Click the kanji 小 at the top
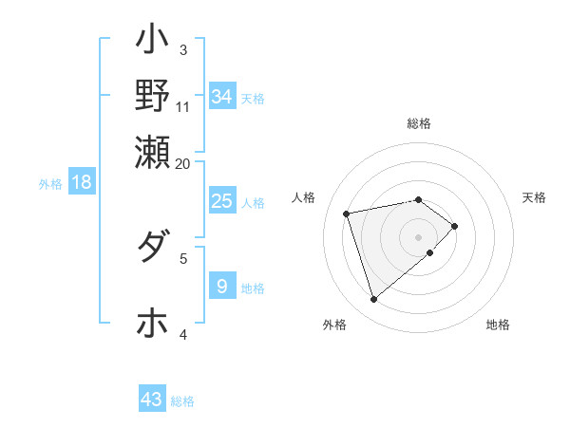tap(152, 43)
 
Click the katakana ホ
tap(152, 324)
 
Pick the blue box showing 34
tap(221, 97)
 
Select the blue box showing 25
tap(221, 201)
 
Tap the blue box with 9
tap(221, 287)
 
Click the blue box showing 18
tap(82, 182)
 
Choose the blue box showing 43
tap(151, 400)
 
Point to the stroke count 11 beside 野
tap(183, 105)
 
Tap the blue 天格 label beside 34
tap(253, 98)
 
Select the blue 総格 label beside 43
tap(182, 401)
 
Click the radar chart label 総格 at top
tap(419, 123)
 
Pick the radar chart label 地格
tap(498, 325)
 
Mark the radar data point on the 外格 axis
tap(373, 300)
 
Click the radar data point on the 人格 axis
tap(347, 213)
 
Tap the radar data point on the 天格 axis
tap(455, 226)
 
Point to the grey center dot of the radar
tap(419, 237)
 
